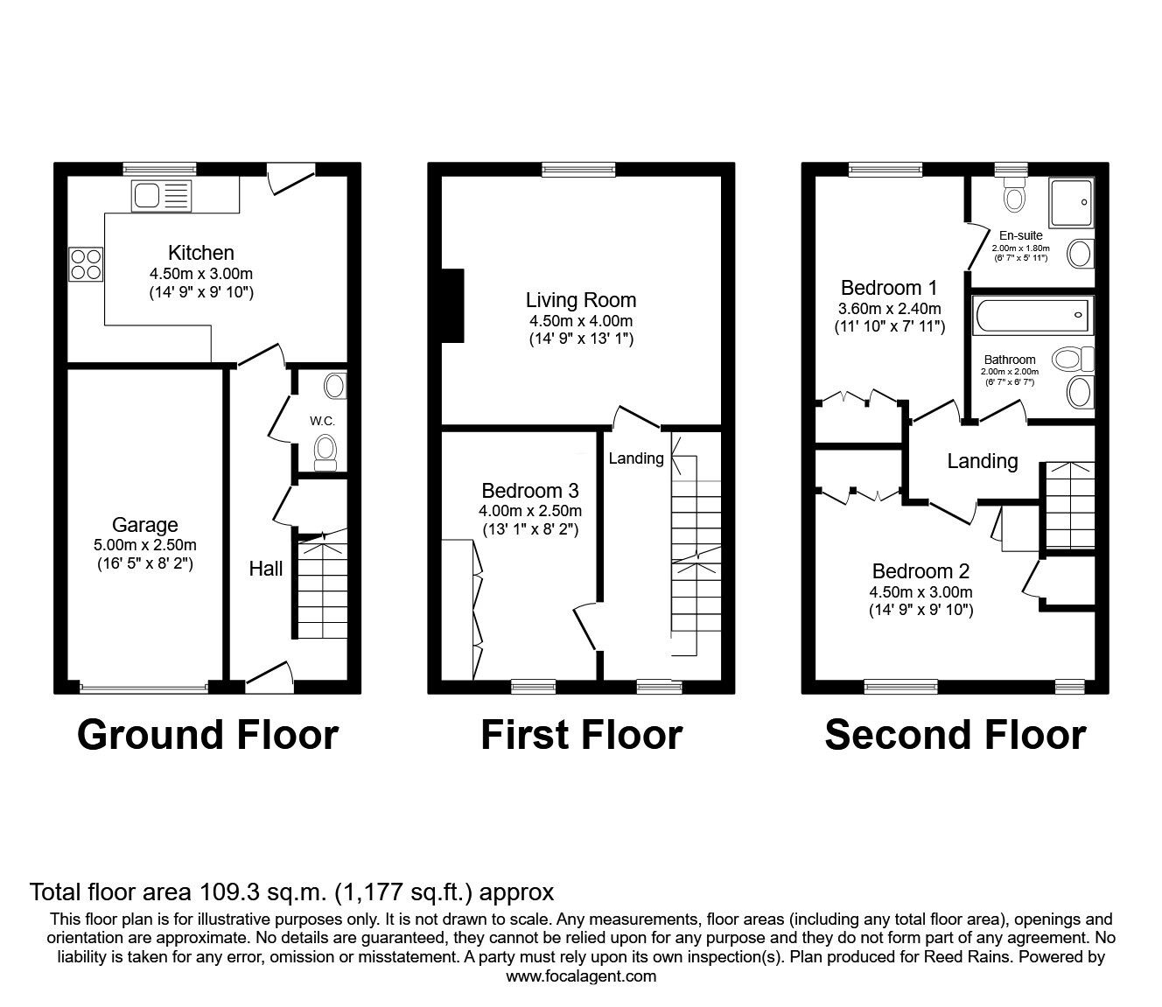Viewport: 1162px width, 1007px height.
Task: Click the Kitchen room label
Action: [200, 253]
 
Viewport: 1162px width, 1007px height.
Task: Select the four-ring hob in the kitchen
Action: [86, 264]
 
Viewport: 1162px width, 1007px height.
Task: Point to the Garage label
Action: [145, 525]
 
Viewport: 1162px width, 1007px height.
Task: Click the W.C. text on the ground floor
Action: [322, 421]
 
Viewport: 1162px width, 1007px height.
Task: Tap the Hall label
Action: [265, 569]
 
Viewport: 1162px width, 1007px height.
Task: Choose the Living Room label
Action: [580, 301]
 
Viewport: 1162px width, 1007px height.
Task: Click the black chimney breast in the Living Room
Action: [452, 305]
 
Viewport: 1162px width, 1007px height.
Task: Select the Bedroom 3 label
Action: [530, 491]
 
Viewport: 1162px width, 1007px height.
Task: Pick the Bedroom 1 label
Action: [889, 288]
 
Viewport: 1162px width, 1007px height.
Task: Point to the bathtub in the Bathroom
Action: [1032, 312]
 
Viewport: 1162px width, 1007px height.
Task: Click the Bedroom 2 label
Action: [920, 572]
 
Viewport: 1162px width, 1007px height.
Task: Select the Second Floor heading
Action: [955, 735]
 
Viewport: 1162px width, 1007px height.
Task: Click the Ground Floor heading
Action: [207, 735]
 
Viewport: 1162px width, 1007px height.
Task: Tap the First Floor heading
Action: [581, 735]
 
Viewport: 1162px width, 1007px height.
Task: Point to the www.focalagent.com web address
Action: [581, 976]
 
